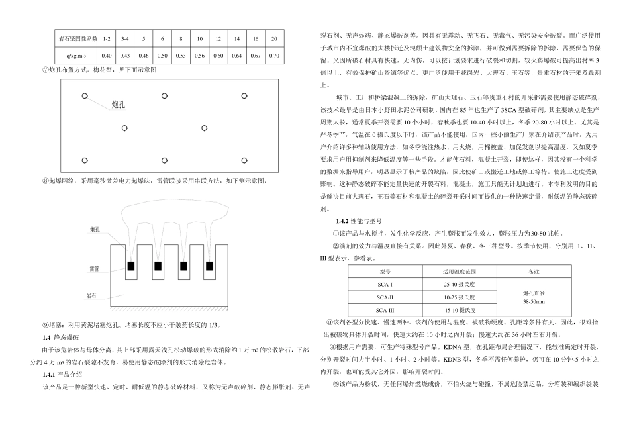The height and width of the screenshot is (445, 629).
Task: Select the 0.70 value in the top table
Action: (x=275, y=55)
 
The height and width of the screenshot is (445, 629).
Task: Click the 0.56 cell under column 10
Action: (x=200, y=55)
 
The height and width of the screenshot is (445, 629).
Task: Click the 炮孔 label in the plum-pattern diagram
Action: (x=120, y=103)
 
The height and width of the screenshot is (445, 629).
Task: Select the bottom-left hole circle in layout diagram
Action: (x=85, y=160)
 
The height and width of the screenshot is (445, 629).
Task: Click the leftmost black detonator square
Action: (x=132, y=266)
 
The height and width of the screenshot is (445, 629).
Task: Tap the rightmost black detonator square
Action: (x=209, y=266)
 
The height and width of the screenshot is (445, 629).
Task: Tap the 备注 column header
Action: (x=534, y=272)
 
